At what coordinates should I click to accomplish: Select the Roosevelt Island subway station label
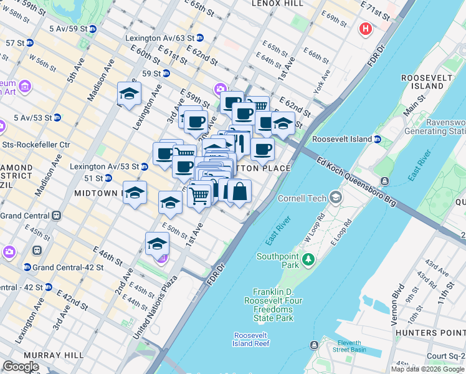tap(341, 138)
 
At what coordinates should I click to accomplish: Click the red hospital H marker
tap(365, 29)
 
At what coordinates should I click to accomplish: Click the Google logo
tap(21, 367)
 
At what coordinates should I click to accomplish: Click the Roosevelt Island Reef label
tap(252, 339)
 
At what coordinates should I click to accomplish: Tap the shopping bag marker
tap(239, 191)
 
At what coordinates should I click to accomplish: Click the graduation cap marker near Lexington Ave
tap(130, 94)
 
